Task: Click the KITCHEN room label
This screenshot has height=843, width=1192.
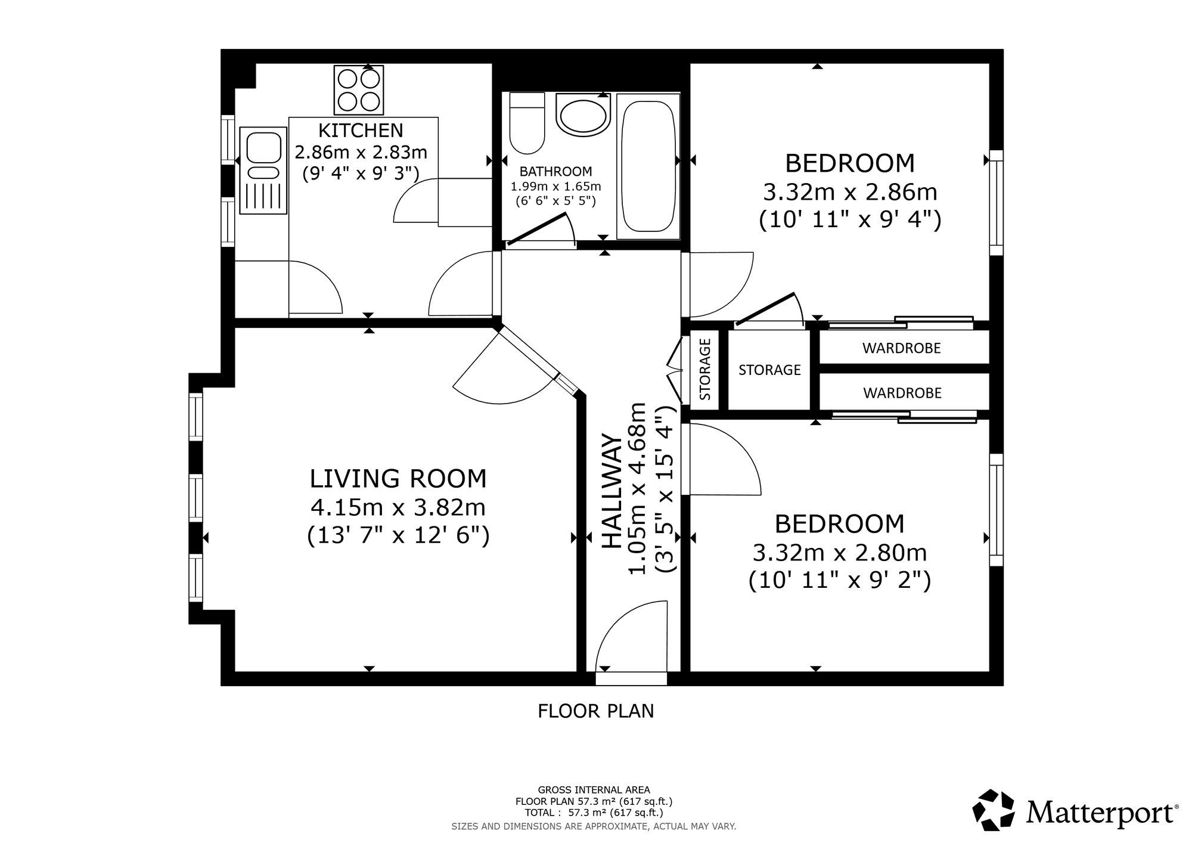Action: pos(361,130)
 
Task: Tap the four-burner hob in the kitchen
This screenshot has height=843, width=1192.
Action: pos(359,89)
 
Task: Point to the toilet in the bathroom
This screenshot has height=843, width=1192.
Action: pos(527,122)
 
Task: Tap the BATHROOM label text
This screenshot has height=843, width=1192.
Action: pos(555,172)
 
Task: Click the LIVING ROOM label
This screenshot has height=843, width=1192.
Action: pos(398,479)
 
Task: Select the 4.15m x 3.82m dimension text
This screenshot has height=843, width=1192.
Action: pos(398,508)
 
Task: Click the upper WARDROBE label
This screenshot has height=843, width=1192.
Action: pos(901,348)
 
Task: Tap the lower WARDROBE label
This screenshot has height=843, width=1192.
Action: pos(902,393)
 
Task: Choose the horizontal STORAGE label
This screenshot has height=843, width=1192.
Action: pos(769,370)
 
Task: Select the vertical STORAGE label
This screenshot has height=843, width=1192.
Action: pos(705,369)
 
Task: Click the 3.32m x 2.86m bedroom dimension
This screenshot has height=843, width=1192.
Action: pos(850,193)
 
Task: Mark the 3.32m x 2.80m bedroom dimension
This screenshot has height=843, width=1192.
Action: pos(840,553)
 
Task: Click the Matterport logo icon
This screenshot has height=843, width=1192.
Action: pos(994,810)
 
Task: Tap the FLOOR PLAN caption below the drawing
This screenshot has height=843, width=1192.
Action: pos(596,711)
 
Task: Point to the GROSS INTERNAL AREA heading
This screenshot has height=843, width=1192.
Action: pos(594,791)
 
